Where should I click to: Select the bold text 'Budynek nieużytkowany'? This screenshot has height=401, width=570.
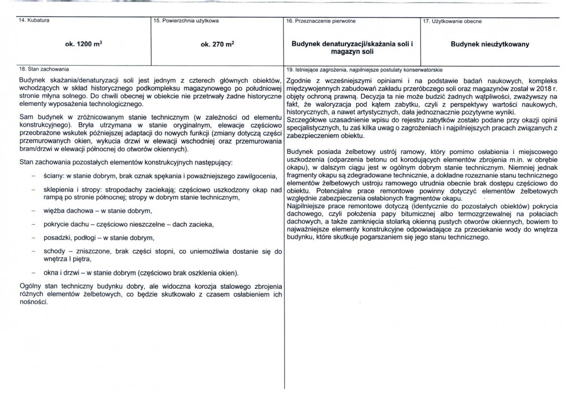490,44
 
